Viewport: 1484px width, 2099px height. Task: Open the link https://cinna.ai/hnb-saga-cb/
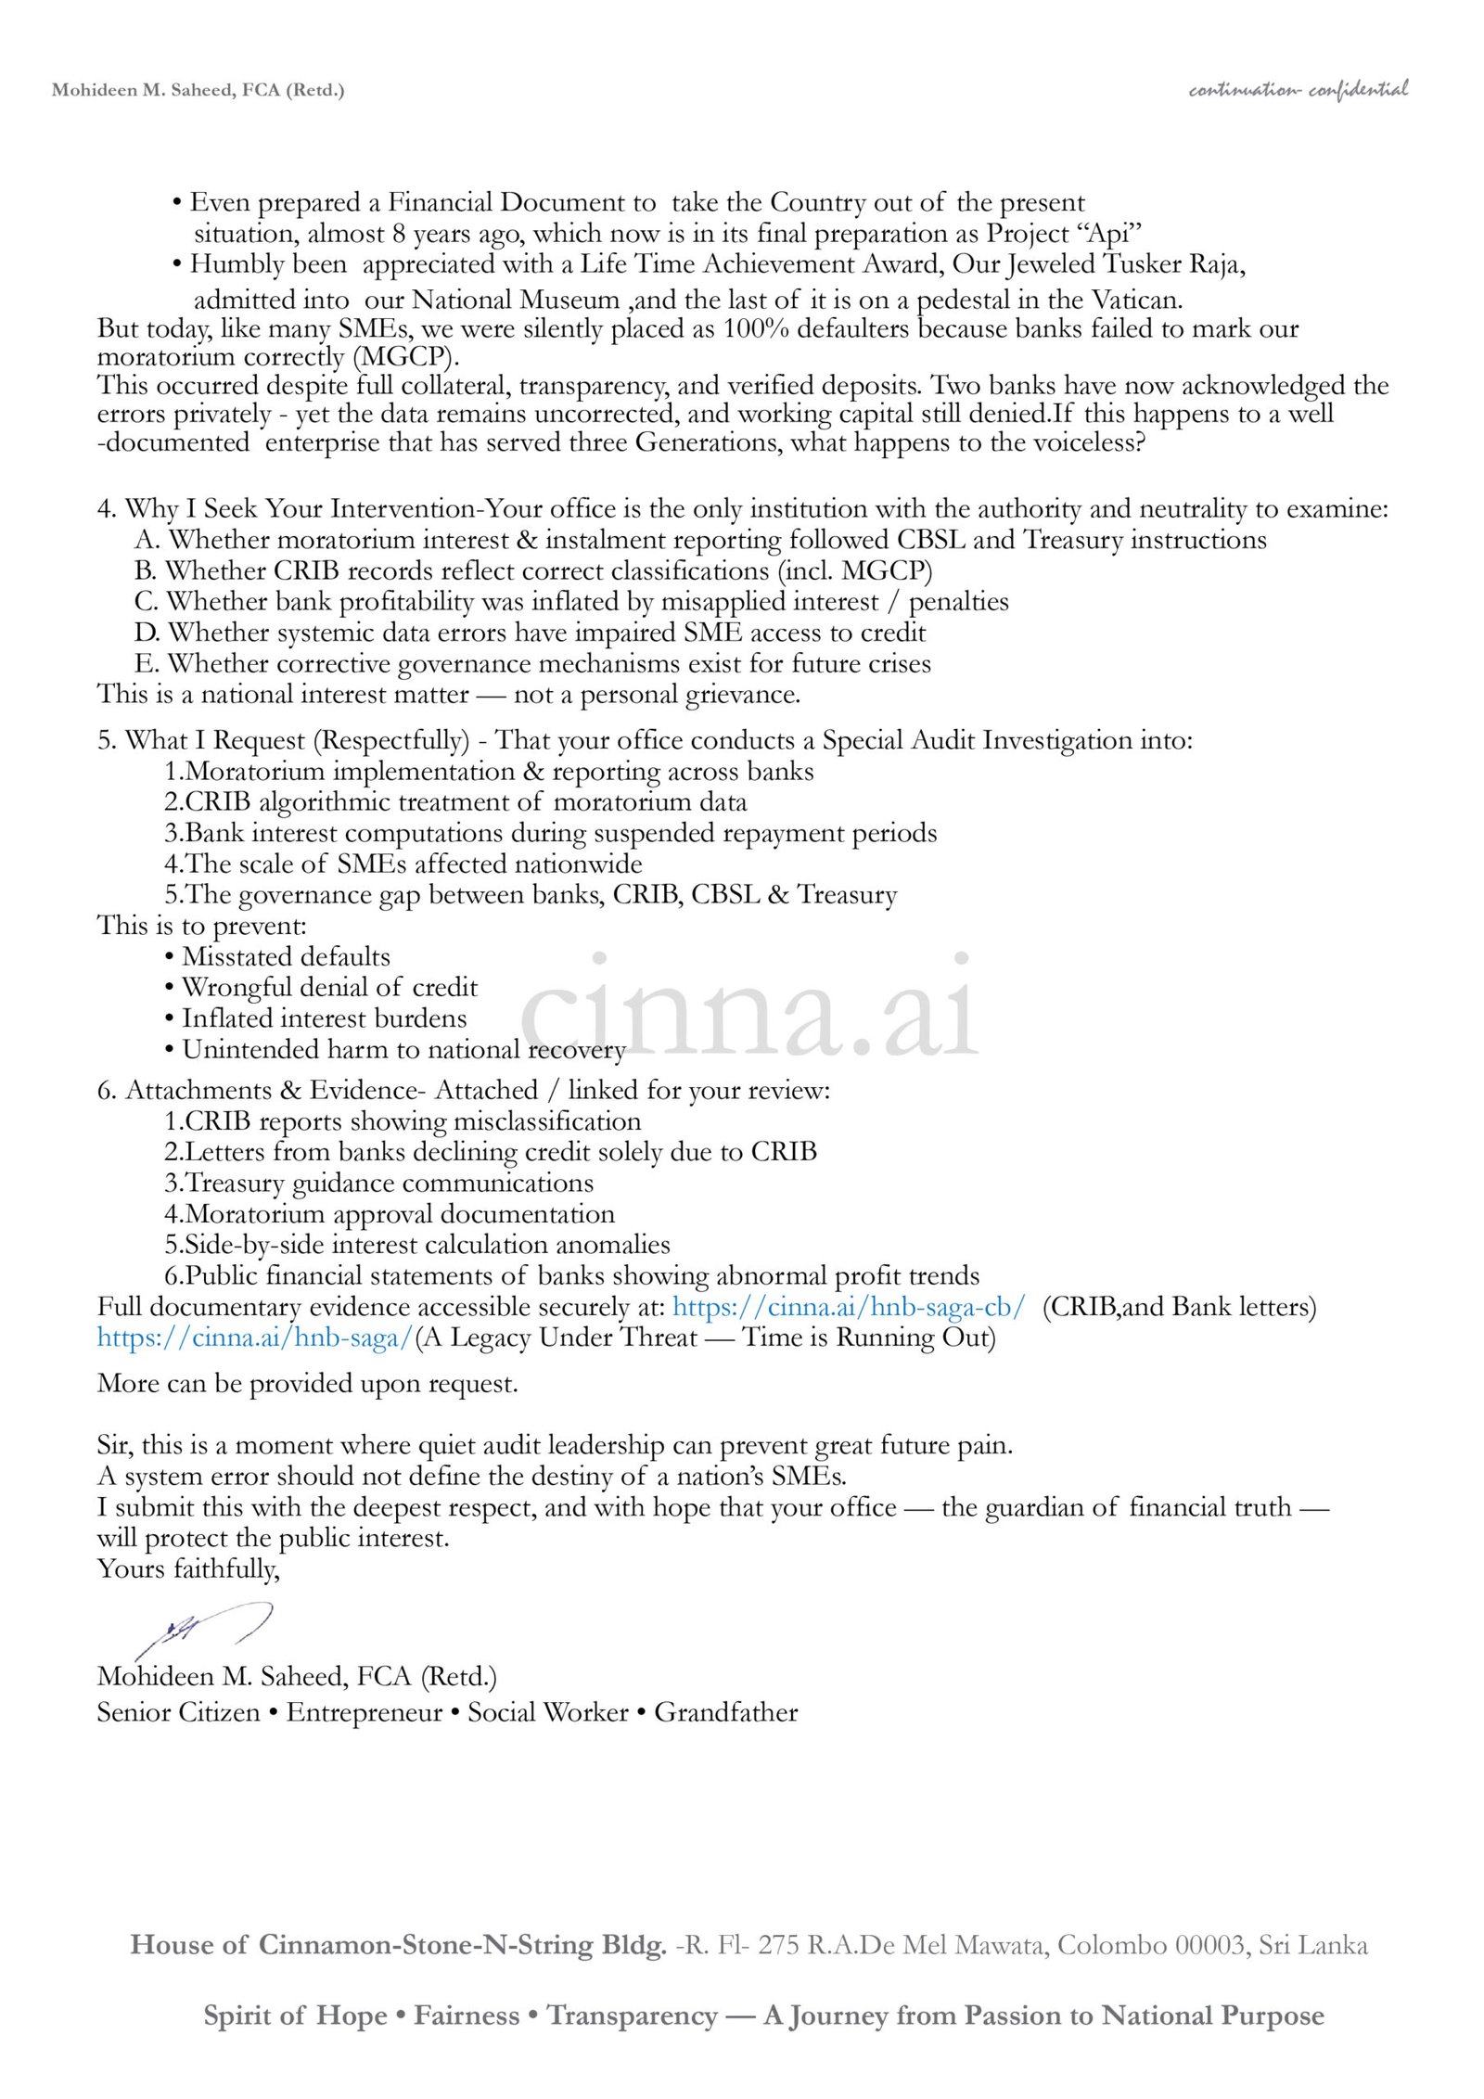click(849, 1307)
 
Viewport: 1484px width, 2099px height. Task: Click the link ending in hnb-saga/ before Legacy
click(255, 1337)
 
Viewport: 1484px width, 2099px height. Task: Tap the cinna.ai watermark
click(749, 1006)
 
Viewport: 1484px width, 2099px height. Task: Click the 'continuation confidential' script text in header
click(1298, 90)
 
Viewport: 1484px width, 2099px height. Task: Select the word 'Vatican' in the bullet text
click(1135, 300)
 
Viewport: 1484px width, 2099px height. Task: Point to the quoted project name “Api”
click(1112, 233)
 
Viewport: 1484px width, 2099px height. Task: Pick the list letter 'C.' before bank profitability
click(147, 601)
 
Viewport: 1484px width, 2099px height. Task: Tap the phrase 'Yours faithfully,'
click(188, 1568)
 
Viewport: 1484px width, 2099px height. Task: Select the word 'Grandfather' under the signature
click(725, 1711)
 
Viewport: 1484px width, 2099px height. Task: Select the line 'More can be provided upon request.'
click(307, 1384)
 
